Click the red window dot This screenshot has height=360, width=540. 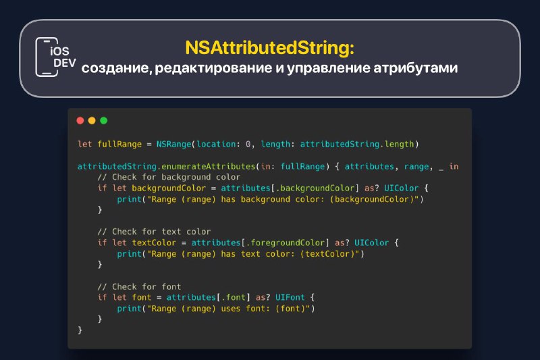click(x=80, y=120)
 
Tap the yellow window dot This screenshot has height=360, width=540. click(x=92, y=120)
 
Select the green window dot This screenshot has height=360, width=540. click(x=104, y=120)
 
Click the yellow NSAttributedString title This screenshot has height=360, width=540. click(x=269, y=47)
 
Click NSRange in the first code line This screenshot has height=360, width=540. click(x=173, y=144)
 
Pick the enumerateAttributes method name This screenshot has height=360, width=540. click(x=208, y=166)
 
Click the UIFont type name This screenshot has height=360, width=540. click(x=290, y=297)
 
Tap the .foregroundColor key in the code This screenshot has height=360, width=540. click(x=285, y=243)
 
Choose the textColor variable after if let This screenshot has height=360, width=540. click(x=154, y=243)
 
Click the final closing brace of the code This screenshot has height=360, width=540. click(x=80, y=330)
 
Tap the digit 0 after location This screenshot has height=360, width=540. click(x=248, y=144)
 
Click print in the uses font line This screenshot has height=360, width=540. click(x=129, y=309)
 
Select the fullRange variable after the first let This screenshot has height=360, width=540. click(x=119, y=144)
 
